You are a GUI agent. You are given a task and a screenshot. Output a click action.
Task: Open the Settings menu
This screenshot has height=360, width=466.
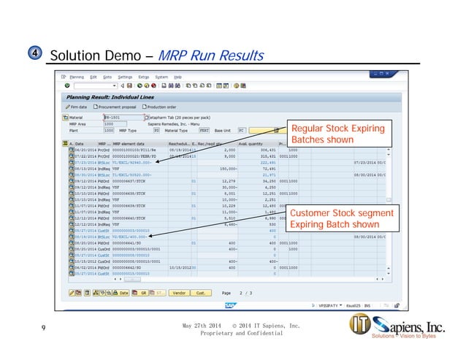coord(125,76)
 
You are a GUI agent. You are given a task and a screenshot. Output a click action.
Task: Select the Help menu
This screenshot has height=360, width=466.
coord(177,76)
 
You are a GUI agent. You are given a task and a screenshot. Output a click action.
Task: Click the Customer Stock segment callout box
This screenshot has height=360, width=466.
coord(333,219)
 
